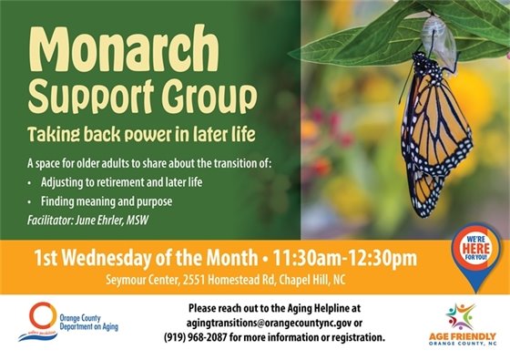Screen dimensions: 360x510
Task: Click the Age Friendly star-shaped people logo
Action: click(x=461, y=315)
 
